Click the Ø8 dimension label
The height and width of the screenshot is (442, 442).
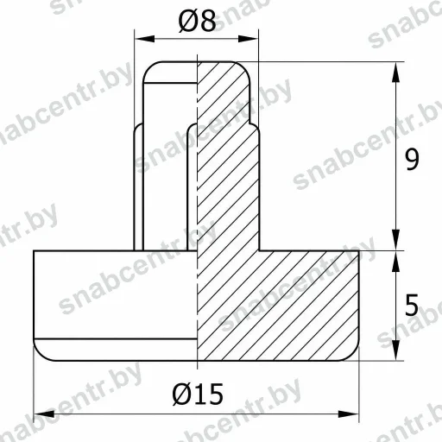[x=198, y=21]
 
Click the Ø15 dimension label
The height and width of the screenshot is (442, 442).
[x=198, y=394]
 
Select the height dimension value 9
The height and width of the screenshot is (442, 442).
[x=412, y=160]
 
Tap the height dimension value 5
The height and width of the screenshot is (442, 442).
[x=412, y=305]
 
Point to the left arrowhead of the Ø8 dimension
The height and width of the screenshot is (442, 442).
[x=144, y=39]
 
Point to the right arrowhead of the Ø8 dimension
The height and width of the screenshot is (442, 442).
[x=249, y=39]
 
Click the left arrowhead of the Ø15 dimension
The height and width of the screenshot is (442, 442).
[x=44, y=414]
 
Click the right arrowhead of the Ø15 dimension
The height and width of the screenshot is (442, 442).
[x=349, y=414]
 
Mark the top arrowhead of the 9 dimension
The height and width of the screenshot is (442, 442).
[x=396, y=73]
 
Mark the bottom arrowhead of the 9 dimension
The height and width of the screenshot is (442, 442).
[x=396, y=240]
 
